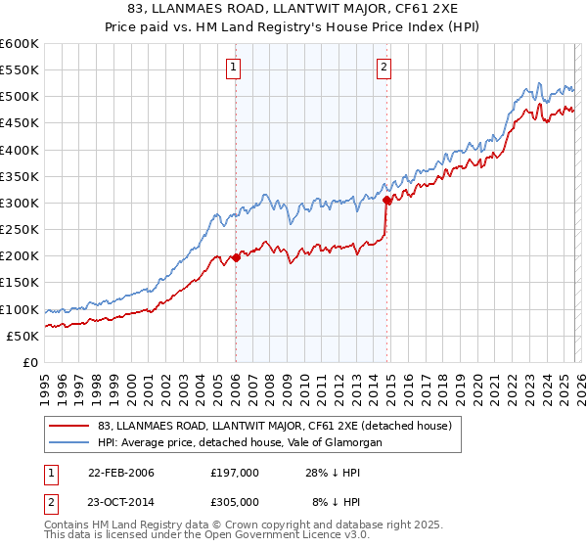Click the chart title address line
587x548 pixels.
(293, 9)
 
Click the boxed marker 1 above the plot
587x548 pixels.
(235, 68)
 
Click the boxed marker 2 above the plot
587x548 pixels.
(384, 68)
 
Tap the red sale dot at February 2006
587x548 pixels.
(236, 258)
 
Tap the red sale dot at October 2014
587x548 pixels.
(387, 201)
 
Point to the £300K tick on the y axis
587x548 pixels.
(20, 204)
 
